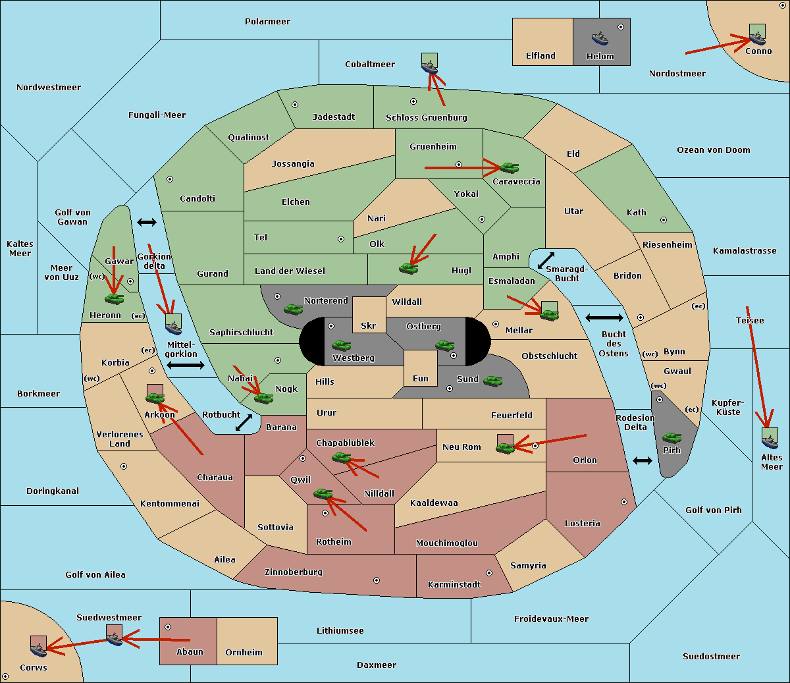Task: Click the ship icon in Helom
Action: click(x=600, y=38)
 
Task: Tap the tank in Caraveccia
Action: click(x=510, y=167)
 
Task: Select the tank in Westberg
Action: click(x=341, y=345)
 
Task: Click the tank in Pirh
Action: click(x=671, y=437)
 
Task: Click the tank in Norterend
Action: click(x=293, y=309)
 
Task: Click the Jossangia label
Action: click(x=293, y=164)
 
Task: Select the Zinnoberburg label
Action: click(x=294, y=572)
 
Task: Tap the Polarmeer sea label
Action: click(x=267, y=22)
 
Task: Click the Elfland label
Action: click(x=540, y=56)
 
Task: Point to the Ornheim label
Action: click(x=244, y=653)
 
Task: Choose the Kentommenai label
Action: click(x=170, y=503)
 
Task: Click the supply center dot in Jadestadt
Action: click(x=295, y=105)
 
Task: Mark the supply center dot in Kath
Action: click(x=664, y=220)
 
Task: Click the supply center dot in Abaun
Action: click(x=168, y=627)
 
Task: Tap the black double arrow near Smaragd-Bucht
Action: click(x=546, y=260)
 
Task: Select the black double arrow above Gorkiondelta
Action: click(x=147, y=222)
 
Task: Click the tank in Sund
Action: click(x=492, y=381)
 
